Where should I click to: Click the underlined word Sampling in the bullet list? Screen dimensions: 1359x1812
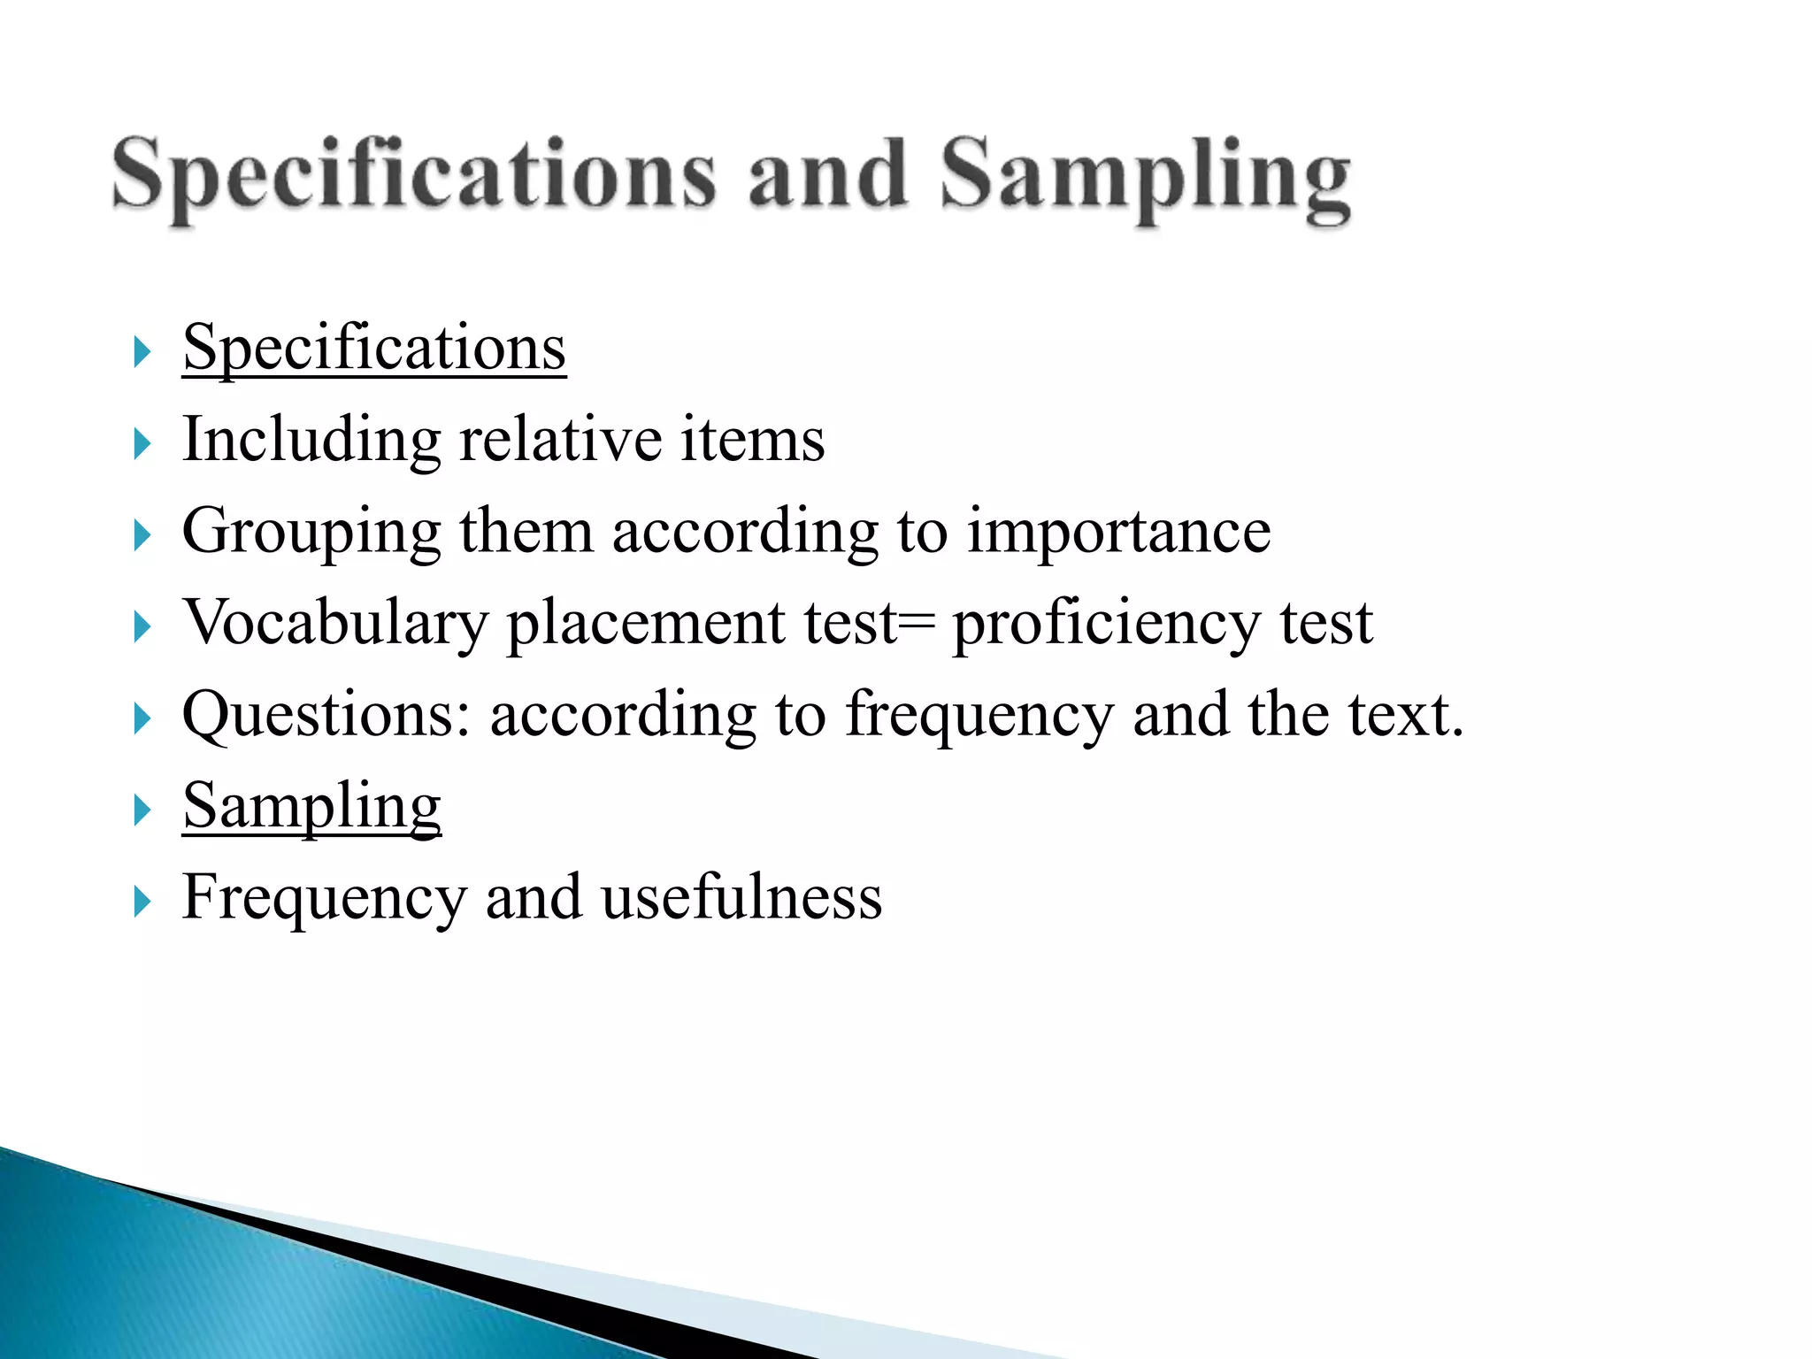pyautogui.click(x=311, y=807)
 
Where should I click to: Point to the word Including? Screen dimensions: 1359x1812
pyautogui.click(x=311, y=440)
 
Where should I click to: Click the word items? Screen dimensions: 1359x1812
pyautogui.click(x=752, y=440)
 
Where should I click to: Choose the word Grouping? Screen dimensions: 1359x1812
pyautogui.click(x=311, y=533)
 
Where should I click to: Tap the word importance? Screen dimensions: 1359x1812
pyautogui.click(x=1118, y=533)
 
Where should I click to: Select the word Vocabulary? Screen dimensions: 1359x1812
pyautogui.click(x=335, y=624)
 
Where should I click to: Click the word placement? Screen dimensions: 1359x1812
pyautogui.click(x=645, y=624)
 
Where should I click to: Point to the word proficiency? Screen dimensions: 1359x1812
pyautogui.click(x=1106, y=624)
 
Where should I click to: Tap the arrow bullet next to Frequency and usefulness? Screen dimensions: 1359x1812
pyautogui.click(x=142, y=902)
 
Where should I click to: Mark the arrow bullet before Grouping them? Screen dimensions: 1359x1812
pyautogui.click(x=142, y=534)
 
